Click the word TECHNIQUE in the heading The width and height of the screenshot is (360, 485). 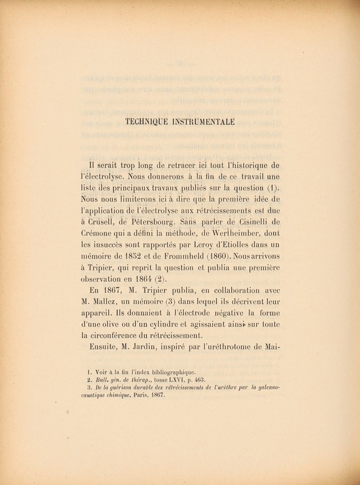pos(153,121)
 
